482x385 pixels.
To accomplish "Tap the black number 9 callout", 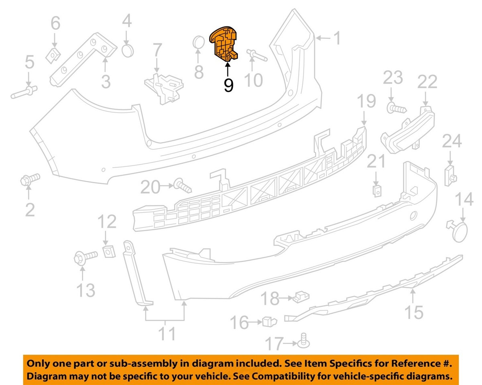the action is pyautogui.click(x=229, y=85).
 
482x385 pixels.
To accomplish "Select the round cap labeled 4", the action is pyautogui.click(x=127, y=51).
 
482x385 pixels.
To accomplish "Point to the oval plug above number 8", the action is pyautogui.click(x=198, y=43).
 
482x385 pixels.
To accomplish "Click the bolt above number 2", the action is pyautogui.click(x=30, y=180).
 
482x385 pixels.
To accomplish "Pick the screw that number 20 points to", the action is pyautogui.click(x=182, y=185).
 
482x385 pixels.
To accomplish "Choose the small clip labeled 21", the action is pyautogui.click(x=377, y=191).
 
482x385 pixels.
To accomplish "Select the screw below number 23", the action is pyautogui.click(x=396, y=108).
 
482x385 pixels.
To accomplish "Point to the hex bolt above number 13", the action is pyautogui.click(x=86, y=258).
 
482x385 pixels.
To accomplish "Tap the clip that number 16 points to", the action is pyautogui.click(x=270, y=322).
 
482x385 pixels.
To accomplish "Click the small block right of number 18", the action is pyautogui.click(x=301, y=297).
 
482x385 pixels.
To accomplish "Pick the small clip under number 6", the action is pyautogui.click(x=53, y=55).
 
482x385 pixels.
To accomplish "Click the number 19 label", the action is pyautogui.click(x=367, y=101).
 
